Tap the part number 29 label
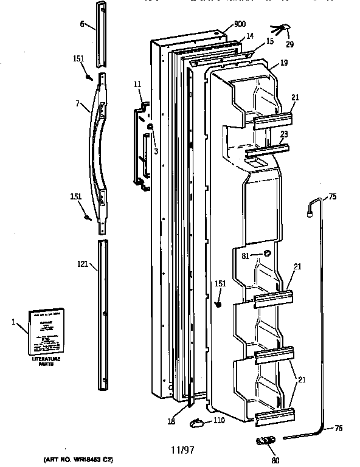tap(289, 45)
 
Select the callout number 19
tap(283, 63)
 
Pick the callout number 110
tap(218, 421)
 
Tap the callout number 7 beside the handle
tap(77, 103)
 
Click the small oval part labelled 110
tap(196, 421)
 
